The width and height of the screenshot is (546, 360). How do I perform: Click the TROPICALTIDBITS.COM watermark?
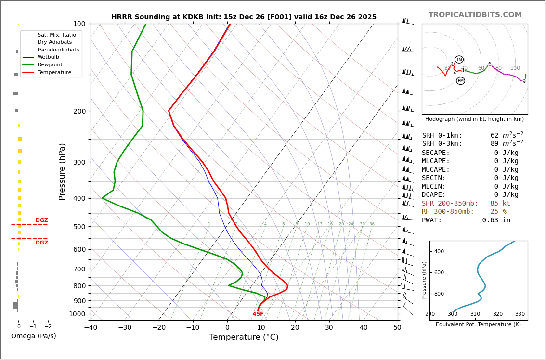pos(475,15)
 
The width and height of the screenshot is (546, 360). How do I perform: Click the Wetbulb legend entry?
pos(48,57)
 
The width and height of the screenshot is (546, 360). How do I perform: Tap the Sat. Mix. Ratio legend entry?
pos(56,35)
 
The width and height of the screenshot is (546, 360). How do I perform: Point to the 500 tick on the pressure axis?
pos(79,227)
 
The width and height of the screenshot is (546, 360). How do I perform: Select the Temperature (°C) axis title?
pos(244,337)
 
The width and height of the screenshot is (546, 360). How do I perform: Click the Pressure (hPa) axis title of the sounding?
pos(62,171)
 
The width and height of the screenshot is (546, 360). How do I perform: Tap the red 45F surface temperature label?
pos(258,314)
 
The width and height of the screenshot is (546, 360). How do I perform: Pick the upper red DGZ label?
pos(41,220)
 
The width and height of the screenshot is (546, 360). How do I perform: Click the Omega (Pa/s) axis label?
pos(34,336)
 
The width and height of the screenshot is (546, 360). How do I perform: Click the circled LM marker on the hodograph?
pos(459,60)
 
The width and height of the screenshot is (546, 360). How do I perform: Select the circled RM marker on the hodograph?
pos(460,81)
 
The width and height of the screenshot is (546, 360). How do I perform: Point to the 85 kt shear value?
pos(500,204)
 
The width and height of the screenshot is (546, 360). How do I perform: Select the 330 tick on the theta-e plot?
pos(520,314)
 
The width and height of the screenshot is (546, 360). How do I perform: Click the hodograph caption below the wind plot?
pos(474,119)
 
